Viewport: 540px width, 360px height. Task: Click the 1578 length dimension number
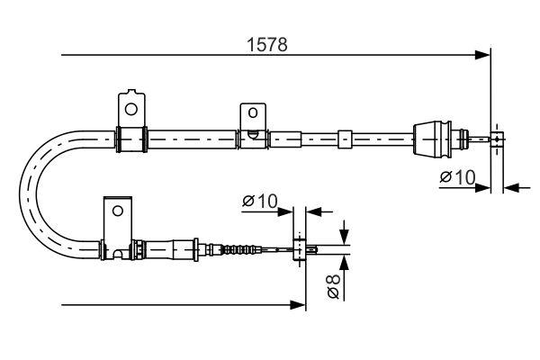(x=269, y=44)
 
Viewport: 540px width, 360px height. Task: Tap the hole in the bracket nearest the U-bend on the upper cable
(x=130, y=109)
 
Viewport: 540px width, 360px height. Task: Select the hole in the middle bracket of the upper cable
(x=253, y=114)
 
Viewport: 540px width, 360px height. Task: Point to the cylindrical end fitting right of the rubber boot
(x=496, y=139)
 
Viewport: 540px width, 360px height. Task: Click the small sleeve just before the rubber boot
(x=344, y=139)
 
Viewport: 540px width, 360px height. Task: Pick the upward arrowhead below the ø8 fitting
(x=343, y=263)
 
